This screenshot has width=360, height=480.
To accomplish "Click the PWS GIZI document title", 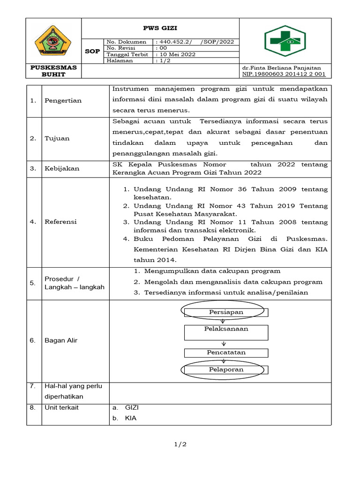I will [160, 28].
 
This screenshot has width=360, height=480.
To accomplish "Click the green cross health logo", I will [285, 41].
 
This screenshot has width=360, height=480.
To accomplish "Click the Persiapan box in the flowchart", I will [226, 312].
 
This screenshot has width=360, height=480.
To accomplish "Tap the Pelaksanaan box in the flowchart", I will [226, 329].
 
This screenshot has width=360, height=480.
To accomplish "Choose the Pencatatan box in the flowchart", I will [226, 352].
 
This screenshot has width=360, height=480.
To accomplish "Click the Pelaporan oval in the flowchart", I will [226, 370].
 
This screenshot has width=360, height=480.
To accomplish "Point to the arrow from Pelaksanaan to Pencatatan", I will [224, 344].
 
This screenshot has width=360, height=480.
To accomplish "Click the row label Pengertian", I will [63, 100].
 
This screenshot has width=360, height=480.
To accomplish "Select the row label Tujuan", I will [57, 138].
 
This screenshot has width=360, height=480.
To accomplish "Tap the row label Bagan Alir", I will [61, 340].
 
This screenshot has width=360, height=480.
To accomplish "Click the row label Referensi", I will [60, 222].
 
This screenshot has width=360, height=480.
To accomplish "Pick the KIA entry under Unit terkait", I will [131, 418].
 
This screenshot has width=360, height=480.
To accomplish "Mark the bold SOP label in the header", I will [92, 51].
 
